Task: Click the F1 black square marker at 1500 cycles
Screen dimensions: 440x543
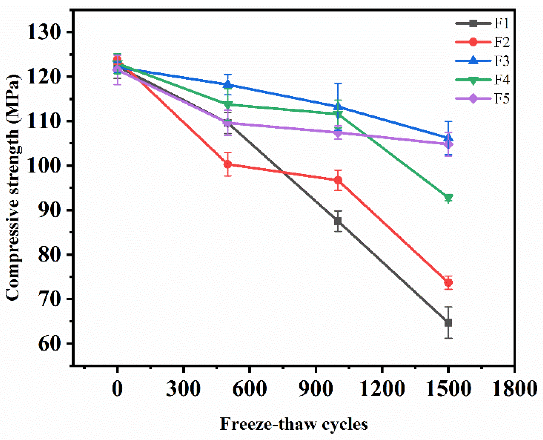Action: click(448, 323)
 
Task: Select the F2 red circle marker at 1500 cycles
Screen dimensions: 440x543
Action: click(448, 283)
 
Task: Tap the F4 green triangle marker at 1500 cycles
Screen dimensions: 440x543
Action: click(448, 198)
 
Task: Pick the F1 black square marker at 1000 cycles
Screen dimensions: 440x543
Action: click(338, 221)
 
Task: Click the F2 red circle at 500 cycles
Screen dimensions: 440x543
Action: click(228, 164)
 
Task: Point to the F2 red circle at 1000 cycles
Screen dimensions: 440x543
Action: click(338, 180)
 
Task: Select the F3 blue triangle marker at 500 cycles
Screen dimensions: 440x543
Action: click(228, 85)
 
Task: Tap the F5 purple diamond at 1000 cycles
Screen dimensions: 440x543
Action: click(338, 133)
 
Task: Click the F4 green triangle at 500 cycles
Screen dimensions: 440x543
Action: click(228, 105)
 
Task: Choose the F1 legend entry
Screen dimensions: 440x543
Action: click(482, 23)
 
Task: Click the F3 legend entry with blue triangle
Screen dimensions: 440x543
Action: click(482, 61)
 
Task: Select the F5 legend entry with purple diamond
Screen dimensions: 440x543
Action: click(482, 98)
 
